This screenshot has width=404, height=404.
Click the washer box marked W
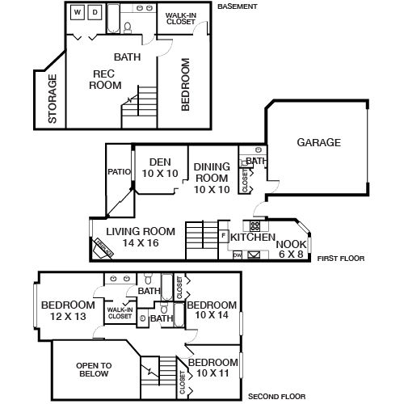pos(78,12)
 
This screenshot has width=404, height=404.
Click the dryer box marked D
pos(94,12)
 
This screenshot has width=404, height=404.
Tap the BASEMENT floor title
pos(238,6)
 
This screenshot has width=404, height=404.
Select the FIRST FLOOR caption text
pos(342,259)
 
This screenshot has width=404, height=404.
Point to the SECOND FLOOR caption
pos(277,397)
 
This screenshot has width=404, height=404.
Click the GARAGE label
pos(318,142)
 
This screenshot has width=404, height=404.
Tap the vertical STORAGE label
pos(53,99)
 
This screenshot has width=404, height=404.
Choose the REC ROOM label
pos(106,79)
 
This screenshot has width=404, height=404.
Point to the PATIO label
pos(119,171)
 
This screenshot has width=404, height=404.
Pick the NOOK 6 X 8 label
pos(290,248)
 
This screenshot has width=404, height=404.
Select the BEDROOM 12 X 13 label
pos(69,309)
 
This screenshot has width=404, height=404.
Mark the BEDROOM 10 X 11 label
pos(213,367)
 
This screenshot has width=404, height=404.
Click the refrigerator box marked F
pos(223,235)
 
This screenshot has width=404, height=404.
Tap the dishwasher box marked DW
pos(238,255)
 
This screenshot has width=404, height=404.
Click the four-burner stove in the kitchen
pos(254,225)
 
